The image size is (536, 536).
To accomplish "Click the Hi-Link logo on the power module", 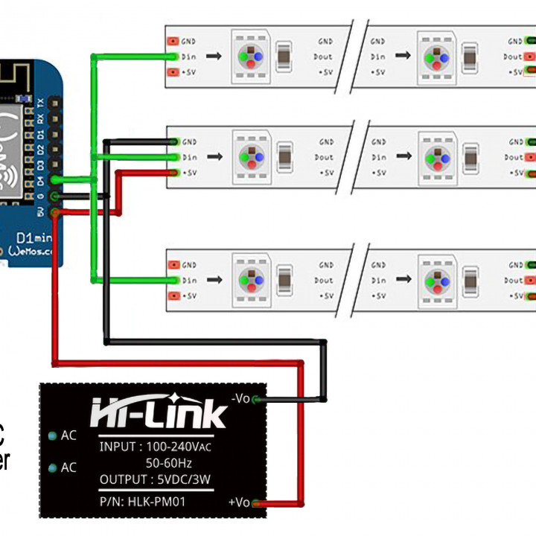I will point(159,412).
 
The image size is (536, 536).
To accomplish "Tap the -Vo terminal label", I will point(240,398).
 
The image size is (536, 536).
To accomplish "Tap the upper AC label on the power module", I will point(68,435).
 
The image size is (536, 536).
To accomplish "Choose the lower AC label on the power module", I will point(68,468).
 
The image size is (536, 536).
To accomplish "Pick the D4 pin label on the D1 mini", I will point(41,179).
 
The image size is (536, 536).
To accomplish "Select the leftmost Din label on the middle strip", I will point(189,157).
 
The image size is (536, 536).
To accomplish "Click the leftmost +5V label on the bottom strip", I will point(189,296).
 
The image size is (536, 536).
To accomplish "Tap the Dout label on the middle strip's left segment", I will point(324,157).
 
